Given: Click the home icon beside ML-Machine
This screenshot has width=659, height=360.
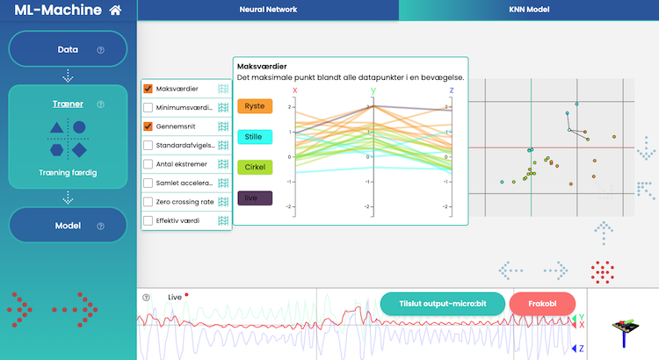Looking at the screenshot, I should [x=116, y=11].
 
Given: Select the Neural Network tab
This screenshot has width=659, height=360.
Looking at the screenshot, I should [x=268, y=10].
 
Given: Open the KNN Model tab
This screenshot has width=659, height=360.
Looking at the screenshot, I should [x=528, y=10].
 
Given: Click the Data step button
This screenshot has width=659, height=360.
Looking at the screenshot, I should [x=68, y=50].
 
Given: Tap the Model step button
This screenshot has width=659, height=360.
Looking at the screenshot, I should [x=68, y=226].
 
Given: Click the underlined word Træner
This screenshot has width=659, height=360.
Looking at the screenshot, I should [x=68, y=104].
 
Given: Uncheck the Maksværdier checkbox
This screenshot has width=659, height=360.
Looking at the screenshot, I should [x=148, y=89].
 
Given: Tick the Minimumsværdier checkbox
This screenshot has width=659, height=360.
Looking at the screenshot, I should [x=148, y=108].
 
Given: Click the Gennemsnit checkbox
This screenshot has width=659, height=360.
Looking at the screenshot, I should [x=148, y=126].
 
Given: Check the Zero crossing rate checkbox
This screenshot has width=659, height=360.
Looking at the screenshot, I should [x=148, y=202].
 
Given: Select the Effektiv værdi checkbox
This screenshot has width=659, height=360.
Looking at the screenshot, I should [x=148, y=220].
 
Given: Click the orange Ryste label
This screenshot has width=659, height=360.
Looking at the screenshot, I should [x=255, y=106].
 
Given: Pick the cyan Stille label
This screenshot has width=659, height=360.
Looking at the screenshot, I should [x=255, y=136].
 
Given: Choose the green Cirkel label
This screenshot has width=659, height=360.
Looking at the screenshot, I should [x=255, y=166].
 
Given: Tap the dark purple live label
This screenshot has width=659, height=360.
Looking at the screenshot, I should [x=255, y=198].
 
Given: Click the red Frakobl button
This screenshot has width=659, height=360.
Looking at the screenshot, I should [x=542, y=304].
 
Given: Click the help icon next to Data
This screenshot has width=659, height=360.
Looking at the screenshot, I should [x=100, y=51].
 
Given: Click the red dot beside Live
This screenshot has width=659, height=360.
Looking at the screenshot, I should [x=186, y=296].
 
